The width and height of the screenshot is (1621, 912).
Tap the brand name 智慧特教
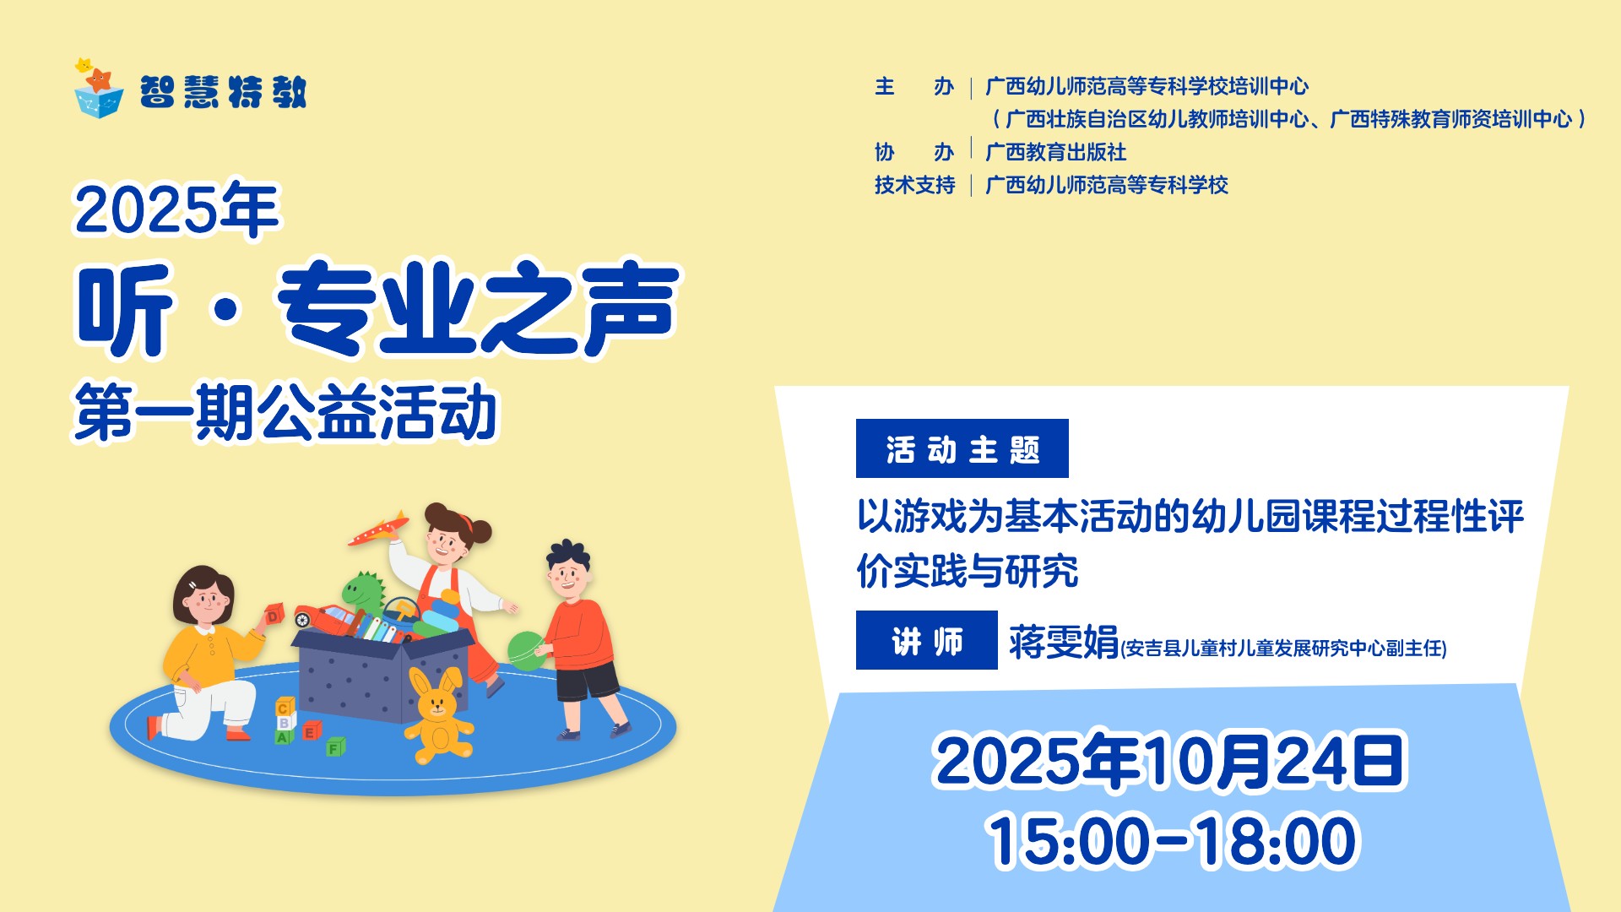tap(223, 91)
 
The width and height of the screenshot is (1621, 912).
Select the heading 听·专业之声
tap(377, 308)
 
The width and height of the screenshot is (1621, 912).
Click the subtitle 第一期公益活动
tap(285, 411)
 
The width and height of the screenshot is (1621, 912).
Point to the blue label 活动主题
tap(962, 448)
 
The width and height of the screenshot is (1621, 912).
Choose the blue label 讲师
tap(927, 640)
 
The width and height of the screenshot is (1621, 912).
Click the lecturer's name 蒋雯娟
tap(1064, 642)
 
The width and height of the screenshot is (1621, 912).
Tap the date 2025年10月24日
tap(1169, 761)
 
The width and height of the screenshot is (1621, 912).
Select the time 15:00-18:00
tap(1172, 840)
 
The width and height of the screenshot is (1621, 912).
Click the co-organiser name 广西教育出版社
tap(1056, 152)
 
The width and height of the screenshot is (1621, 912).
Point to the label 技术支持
tap(914, 185)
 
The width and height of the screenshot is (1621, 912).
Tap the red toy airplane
tap(378, 529)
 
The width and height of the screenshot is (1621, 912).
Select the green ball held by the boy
tap(527, 651)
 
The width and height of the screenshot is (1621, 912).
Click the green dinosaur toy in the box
tap(364, 590)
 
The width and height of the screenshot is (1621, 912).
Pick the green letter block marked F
tap(336, 746)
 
